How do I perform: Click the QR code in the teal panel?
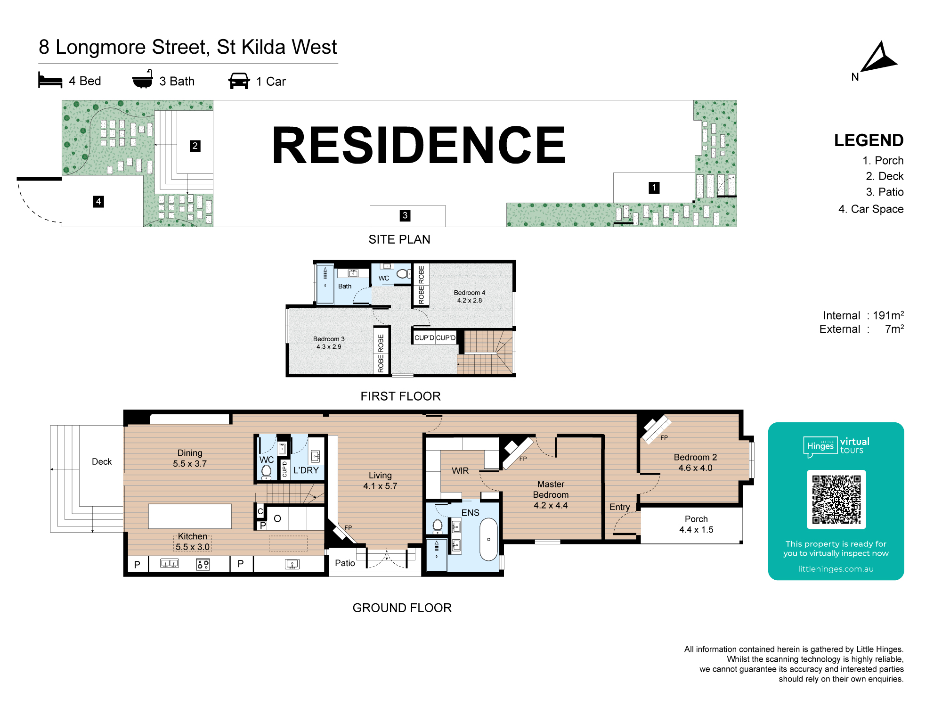point(836,500)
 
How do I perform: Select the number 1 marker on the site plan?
point(654,188)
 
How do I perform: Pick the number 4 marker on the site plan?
point(98,202)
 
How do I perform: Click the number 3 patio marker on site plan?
point(405,215)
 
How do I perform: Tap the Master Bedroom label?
point(551,494)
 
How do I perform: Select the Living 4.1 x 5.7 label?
point(380,480)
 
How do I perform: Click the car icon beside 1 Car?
point(239,81)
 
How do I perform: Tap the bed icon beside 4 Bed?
point(50,80)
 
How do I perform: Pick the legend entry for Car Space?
point(871,209)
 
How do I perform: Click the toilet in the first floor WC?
point(403,273)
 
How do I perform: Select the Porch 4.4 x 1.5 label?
point(696,524)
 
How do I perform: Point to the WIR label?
point(460,470)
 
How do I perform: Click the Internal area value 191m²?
point(888,315)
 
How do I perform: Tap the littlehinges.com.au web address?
point(836,569)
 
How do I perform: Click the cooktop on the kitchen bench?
point(203,564)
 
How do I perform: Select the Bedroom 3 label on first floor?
point(329,343)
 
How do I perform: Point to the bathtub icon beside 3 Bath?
point(142,80)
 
